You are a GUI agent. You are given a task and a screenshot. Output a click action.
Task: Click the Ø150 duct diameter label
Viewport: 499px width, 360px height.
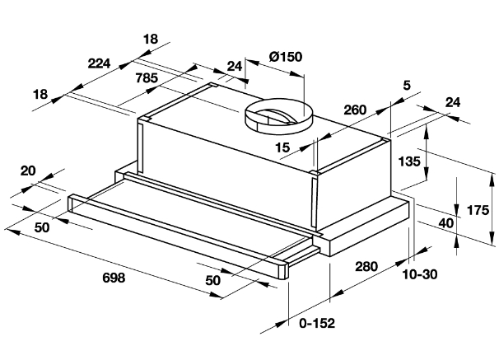(286, 57)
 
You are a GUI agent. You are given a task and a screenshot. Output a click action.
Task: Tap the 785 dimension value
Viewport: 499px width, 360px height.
(147, 78)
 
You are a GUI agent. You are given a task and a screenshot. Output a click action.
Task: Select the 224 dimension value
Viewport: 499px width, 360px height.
(99, 63)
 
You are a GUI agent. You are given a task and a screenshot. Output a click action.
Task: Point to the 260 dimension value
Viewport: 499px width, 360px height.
(355, 110)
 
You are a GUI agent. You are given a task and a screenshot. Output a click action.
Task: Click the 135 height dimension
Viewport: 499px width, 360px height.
(409, 161)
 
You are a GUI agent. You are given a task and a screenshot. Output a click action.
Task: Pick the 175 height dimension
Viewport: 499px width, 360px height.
(478, 210)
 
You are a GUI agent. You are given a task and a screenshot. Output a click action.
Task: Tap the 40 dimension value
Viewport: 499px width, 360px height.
(446, 223)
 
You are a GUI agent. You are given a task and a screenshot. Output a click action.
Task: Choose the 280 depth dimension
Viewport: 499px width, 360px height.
(366, 266)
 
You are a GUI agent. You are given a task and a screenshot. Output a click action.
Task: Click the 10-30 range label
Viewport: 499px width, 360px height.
(420, 274)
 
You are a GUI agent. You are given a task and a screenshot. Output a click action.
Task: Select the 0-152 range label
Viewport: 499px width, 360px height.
(317, 324)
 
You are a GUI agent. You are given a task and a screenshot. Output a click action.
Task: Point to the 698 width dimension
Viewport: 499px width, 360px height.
(114, 278)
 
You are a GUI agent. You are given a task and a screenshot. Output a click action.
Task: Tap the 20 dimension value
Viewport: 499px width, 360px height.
(28, 171)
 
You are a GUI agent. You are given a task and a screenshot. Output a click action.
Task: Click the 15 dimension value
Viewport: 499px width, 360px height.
(282, 147)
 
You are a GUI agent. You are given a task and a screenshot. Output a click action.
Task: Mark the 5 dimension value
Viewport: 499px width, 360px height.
(407, 86)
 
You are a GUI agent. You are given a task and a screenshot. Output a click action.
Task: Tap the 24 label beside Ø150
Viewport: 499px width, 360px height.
(235, 66)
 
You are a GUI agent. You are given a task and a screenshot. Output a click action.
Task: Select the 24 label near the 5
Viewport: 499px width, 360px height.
(453, 102)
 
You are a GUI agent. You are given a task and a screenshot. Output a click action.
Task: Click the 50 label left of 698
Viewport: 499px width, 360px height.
(42, 227)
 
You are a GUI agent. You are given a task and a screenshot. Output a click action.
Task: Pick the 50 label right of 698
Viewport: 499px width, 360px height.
(213, 280)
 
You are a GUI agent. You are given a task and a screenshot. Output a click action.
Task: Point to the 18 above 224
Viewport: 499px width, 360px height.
(151, 39)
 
